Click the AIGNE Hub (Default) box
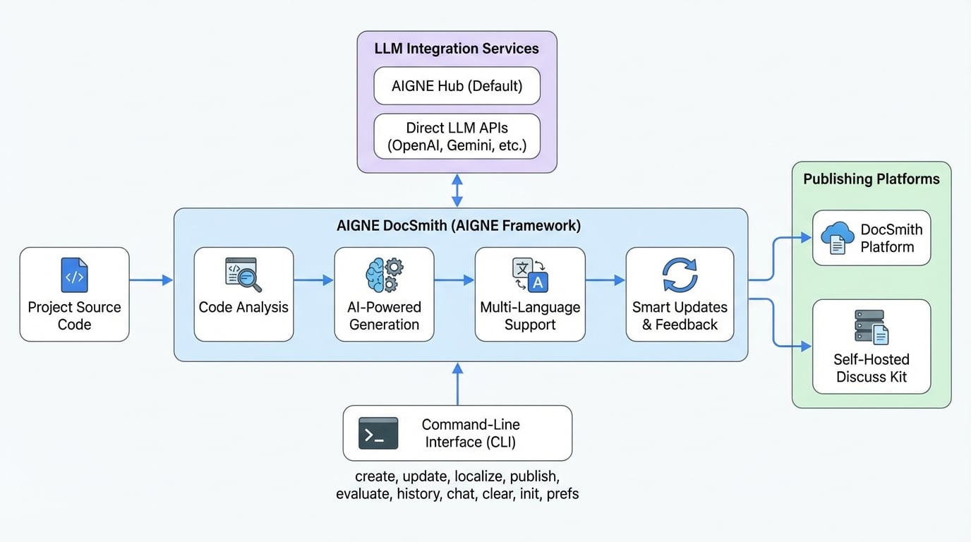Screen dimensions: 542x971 (x=457, y=86)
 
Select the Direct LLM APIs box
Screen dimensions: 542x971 (x=457, y=137)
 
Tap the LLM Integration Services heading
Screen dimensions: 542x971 (x=457, y=49)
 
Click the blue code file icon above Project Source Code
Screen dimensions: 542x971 (x=75, y=276)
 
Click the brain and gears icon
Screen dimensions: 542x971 (x=384, y=275)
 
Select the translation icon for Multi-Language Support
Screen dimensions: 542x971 (x=530, y=275)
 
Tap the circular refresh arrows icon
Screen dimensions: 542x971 (x=680, y=275)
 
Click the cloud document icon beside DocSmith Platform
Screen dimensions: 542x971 (x=838, y=238)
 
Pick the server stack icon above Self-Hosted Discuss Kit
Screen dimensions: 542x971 (x=871, y=327)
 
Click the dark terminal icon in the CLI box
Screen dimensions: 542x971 (x=378, y=433)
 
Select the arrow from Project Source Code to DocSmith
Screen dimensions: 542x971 (x=151, y=280)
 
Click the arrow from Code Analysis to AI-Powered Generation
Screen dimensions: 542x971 (x=313, y=280)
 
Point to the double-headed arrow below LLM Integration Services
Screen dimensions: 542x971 (x=457, y=191)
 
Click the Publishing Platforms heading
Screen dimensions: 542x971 (x=871, y=179)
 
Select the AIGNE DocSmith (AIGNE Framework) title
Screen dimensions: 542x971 (x=459, y=226)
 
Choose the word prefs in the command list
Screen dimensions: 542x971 (x=562, y=494)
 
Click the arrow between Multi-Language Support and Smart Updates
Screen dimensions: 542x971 (x=605, y=280)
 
